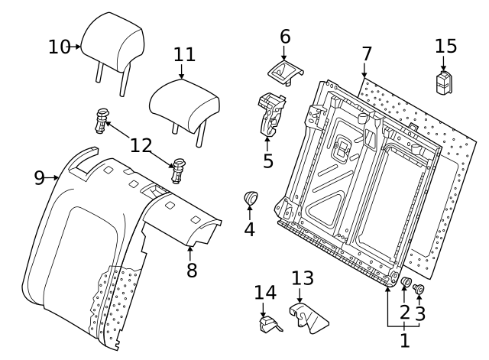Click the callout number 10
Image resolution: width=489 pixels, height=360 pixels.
coord(59,47)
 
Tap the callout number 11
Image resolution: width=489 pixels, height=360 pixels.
coord(183,55)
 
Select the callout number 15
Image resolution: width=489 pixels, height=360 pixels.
coord(445,45)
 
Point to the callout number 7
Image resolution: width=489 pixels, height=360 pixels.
coord(367,54)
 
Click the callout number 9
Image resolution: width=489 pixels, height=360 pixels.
coord(39,178)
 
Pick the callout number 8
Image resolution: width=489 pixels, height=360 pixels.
coord(191,269)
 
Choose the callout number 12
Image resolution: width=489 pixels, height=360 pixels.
coord(141,144)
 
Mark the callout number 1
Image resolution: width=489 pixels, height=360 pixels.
coord(404,336)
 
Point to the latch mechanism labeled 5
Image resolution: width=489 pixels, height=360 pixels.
coord(270,115)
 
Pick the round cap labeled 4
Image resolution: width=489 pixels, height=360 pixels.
coord(251,199)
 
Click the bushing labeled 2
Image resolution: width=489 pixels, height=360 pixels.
coord(406,285)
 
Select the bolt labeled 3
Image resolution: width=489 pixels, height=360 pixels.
coord(419,289)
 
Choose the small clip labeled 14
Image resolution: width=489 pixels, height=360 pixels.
coord(267,324)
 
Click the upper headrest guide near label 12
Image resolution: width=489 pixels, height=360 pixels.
coord(102,118)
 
